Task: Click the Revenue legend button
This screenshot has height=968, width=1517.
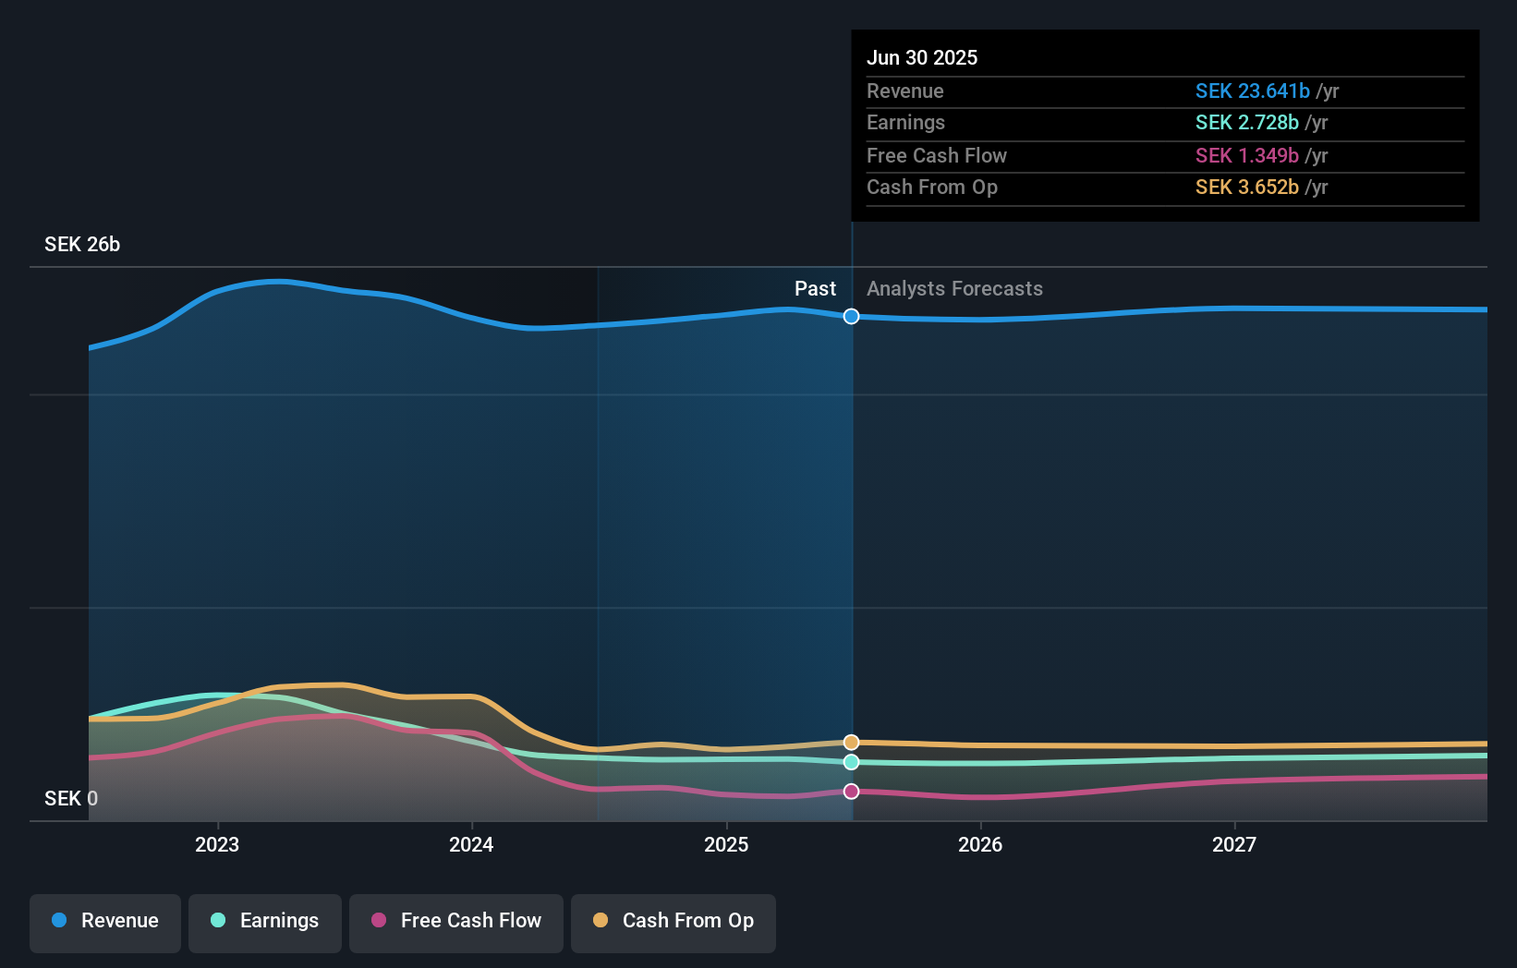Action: tap(105, 921)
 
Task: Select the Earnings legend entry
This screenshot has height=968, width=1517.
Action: tap(265, 921)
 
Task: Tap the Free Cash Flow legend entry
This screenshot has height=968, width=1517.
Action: tap(456, 921)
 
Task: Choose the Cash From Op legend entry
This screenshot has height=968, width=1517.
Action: tap(674, 921)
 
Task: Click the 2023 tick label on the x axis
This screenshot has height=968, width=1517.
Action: tap(217, 844)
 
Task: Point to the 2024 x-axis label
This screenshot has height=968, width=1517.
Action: tap(471, 844)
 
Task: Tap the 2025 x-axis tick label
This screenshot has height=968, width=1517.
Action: tap(726, 844)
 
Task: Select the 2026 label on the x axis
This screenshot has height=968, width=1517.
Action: tap(980, 844)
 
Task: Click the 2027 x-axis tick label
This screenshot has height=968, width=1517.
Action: tap(1234, 844)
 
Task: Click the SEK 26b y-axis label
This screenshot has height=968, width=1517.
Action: tap(82, 245)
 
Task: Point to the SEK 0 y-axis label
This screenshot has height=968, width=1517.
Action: tap(71, 798)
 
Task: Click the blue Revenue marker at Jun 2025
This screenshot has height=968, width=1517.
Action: tap(851, 317)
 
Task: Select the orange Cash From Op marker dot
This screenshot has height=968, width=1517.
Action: tap(851, 743)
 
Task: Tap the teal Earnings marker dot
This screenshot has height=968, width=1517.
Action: tap(851, 762)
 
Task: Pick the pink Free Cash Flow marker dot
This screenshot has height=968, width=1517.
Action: tap(851, 792)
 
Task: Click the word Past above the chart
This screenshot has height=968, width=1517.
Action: tap(815, 289)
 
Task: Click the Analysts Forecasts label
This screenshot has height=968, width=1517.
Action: tap(954, 289)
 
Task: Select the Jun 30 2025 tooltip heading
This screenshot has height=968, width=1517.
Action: tap(922, 57)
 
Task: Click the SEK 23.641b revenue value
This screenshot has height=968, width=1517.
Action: tap(1252, 91)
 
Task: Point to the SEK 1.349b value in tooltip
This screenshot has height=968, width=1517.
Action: tap(1246, 156)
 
